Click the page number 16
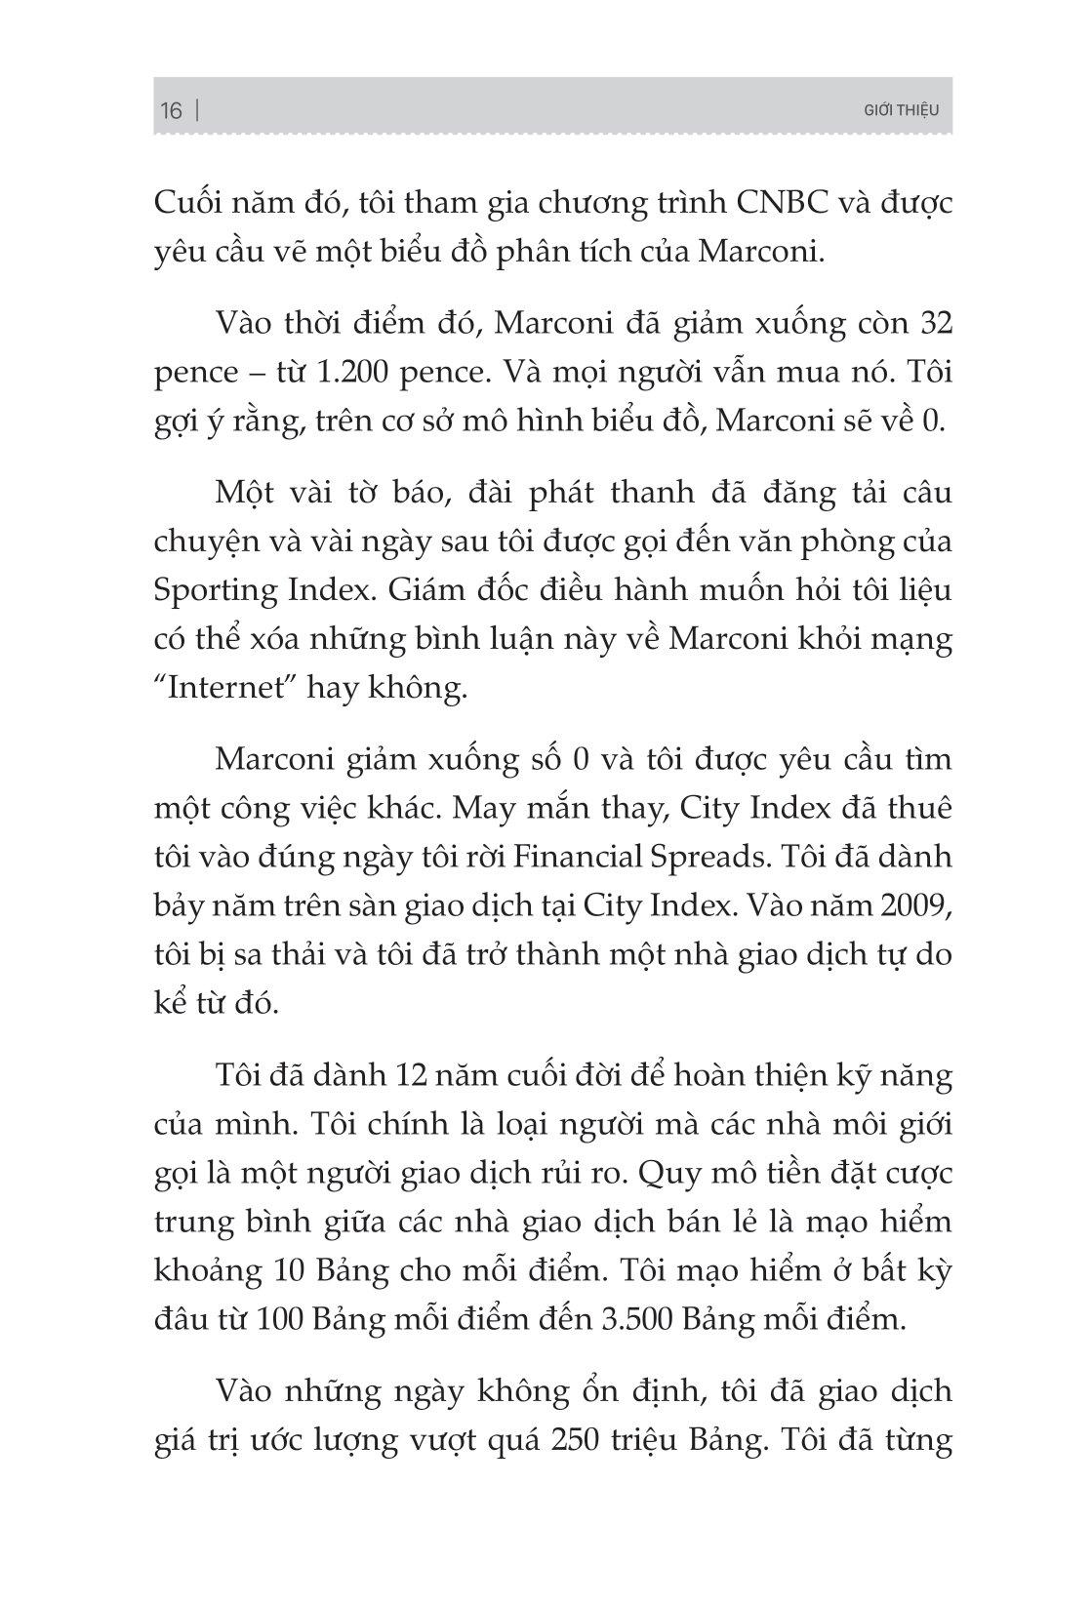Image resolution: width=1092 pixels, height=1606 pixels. (x=171, y=110)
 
